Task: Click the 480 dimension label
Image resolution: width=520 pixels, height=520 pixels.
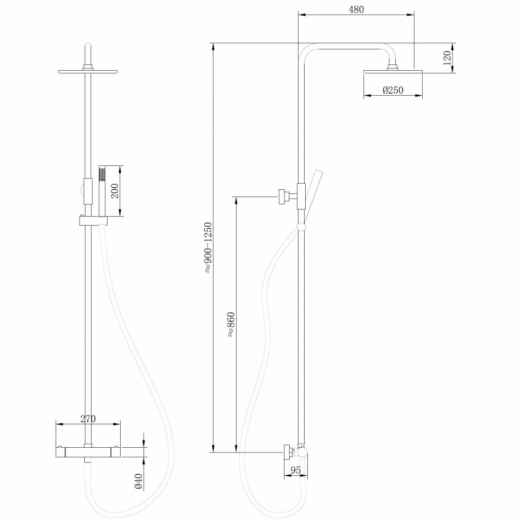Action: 356,9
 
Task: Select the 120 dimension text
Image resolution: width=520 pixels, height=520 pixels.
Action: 446,58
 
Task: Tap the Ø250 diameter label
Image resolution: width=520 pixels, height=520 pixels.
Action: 393,90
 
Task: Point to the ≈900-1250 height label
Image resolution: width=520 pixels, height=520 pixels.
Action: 207,247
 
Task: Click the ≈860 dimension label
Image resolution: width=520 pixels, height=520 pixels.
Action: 231,325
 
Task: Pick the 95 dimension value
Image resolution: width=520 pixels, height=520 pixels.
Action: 295,470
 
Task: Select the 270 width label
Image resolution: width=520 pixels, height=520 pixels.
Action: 88,418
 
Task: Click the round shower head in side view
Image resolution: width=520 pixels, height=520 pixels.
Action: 393,71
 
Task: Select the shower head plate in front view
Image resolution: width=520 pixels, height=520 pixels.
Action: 88,71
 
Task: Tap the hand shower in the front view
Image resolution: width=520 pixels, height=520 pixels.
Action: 102,190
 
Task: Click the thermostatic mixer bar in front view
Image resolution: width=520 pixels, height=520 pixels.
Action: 88,451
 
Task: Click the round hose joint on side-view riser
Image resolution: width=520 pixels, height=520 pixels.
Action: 301,227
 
